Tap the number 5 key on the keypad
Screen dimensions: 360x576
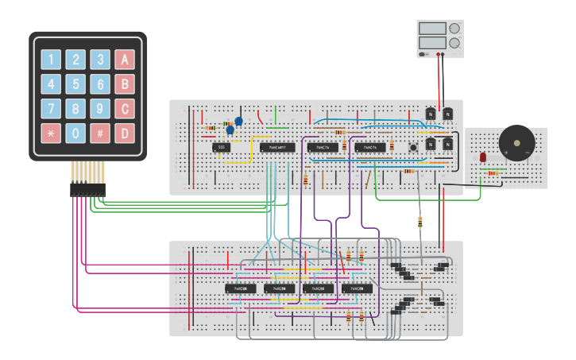point(75,84)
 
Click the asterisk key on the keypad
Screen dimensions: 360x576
point(51,133)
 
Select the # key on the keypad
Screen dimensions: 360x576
point(100,133)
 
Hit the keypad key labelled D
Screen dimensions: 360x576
point(125,133)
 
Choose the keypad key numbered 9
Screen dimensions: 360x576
point(100,109)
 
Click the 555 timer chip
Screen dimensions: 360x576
point(222,147)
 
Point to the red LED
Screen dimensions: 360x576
point(483,158)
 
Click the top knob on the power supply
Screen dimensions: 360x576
point(454,28)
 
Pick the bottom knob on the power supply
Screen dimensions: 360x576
point(454,43)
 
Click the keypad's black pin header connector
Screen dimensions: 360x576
point(87,190)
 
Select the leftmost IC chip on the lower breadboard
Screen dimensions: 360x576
point(240,288)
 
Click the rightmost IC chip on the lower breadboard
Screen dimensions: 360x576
point(358,288)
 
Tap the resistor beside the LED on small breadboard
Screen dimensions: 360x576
point(494,172)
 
